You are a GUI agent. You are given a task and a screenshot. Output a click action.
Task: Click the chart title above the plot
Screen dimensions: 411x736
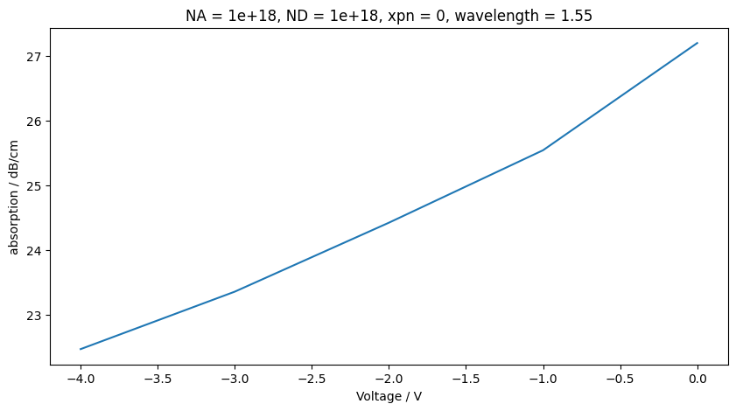point(389,15)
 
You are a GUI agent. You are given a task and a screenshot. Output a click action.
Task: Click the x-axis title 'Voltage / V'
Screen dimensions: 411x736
point(389,396)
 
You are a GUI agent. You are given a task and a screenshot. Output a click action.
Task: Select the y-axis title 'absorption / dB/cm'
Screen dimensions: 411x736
point(14,196)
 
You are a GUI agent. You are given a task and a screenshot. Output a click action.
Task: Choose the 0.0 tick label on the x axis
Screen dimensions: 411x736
point(697,379)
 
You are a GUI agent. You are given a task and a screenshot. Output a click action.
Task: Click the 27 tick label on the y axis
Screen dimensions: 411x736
point(37,57)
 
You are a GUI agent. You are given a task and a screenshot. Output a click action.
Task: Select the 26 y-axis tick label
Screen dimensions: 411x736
point(37,122)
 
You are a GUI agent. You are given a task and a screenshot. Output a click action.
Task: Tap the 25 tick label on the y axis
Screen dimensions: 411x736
point(37,186)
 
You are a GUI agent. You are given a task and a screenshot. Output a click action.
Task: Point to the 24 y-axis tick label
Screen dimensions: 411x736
point(37,251)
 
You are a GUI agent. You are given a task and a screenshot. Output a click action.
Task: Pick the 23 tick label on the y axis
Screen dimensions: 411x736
point(37,316)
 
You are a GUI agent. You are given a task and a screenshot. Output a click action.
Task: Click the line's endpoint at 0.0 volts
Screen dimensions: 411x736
point(697,43)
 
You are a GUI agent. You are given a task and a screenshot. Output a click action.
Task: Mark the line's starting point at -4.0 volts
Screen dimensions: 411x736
point(81,349)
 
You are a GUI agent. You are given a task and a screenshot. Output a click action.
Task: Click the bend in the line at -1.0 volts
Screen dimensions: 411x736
point(543,150)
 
